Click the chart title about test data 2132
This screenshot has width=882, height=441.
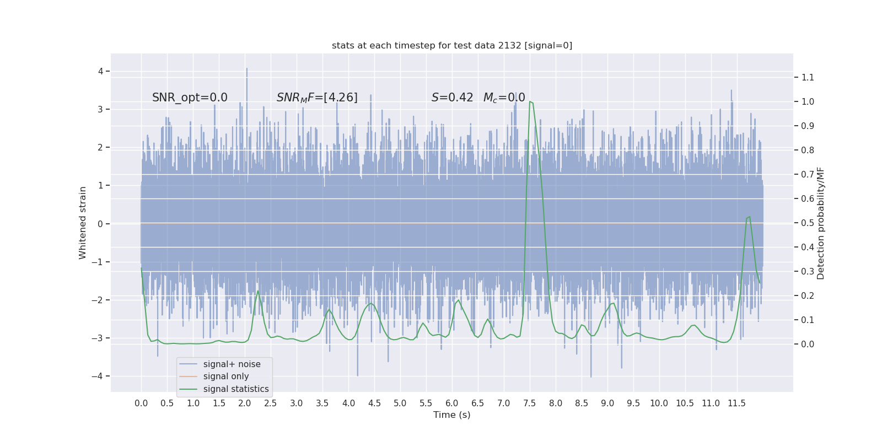click(x=452, y=45)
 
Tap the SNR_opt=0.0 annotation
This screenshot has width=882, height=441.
click(x=190, y=98)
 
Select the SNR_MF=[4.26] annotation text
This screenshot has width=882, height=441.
click(x=317, y=98)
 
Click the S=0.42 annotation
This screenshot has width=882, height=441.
click(x=452, y=98)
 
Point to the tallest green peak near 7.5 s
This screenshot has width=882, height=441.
click(x=530, y=102)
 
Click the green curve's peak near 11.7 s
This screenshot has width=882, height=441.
click(x=749, y=217)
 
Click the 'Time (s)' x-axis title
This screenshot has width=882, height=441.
click(x=452, y=415)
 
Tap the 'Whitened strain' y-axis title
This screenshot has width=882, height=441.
click(x=83, y=223)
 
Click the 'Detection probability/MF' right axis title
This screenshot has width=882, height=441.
click(x=821, y=223)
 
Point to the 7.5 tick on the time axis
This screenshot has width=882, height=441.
click(x=530, y=403)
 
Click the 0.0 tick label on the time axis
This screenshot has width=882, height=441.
click(x=141, y=403)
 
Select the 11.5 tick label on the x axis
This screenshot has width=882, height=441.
click(x=737, y=403)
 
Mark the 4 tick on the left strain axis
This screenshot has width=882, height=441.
click(x=101, y=71)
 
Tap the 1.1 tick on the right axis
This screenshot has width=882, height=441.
click(x=808, y=77)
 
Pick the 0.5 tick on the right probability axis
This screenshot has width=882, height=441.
click(x=808, y=223)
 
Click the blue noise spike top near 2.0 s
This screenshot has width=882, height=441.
click(x=246, y=69)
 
